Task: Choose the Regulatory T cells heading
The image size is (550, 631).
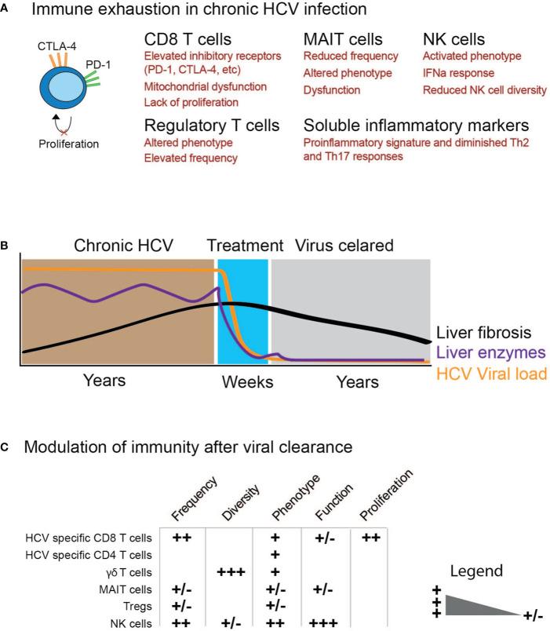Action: [213, 124]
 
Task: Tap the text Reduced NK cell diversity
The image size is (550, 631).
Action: [484, 90]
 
